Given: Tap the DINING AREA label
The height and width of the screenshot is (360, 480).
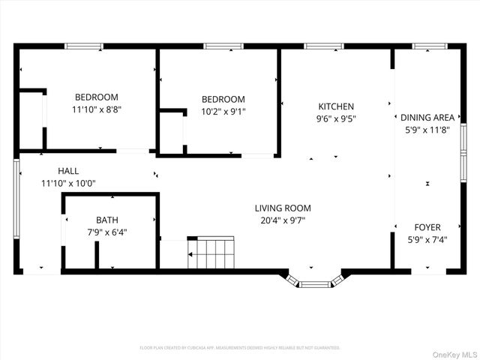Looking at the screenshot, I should tap(427, 117).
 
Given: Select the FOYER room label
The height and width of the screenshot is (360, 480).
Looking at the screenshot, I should tap(427, 226).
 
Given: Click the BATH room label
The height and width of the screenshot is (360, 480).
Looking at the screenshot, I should tap(106, 220).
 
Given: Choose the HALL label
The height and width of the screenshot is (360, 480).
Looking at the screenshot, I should tap(68, 171).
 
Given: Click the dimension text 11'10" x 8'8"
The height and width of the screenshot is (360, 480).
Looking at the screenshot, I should tap(96, 109).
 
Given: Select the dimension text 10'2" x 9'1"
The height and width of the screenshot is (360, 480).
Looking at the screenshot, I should tap(223, 112).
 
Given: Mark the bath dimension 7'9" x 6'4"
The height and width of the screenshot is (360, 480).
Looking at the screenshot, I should tap(106, 232).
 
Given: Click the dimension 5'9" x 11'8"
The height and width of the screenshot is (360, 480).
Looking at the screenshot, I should tap(427, 128).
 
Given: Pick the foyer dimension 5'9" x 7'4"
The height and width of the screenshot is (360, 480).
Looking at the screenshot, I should tap(427, 238).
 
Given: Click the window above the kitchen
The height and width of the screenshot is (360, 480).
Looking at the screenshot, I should tap(323, 46).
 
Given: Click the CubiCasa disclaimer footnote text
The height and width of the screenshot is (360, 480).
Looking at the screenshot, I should tap(240, 348).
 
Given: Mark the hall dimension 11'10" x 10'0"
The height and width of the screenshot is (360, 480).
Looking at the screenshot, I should tap(68, 182).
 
